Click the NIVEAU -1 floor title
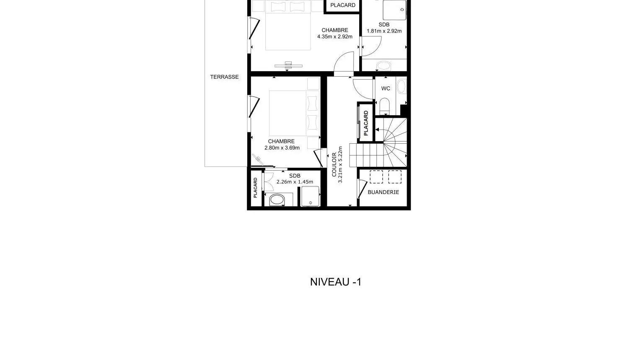(x=336, y=282)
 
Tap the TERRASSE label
(x=224, y=77)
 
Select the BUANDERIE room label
(x=383, y=192)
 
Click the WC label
(x=386, y=88)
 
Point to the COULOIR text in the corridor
(x=334, y=165)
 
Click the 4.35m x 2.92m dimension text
(x=334, y=36)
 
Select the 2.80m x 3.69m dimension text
(x=282, y=148)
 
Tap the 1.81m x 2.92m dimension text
(x=384, y=31)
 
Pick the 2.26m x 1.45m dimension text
(x=295, y=182)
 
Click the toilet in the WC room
(x=385, y=106)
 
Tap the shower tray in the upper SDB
(x=394, y=10)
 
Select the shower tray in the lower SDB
(x=310, y=196)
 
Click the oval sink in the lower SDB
(x=277, y=199)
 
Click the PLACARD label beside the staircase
(x=366, y=123)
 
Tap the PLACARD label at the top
(x=343, y=5)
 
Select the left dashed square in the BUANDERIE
(x=376, y=177)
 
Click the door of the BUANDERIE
(x=362, y=188)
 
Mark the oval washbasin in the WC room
(x=401, y=86)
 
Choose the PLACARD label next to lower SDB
(x=255, y=188)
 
